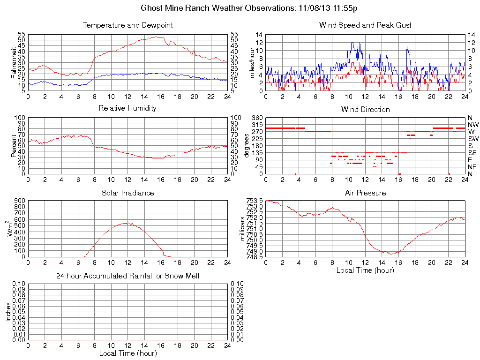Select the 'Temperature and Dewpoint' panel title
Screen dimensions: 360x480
[127, 25]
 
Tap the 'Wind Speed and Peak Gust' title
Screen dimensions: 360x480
[365, 25]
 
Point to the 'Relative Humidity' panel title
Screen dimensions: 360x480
[127, 109]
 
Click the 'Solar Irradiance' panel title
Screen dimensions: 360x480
[127, 193]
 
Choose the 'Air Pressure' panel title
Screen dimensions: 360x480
[365, 193]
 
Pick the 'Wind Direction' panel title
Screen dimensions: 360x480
[365, 110]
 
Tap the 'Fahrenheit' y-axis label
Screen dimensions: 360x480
[14, 63]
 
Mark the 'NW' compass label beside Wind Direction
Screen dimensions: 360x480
[472, 125]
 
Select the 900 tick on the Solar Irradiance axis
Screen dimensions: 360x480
[20, 201]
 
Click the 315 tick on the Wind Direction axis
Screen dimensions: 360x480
[257, 125]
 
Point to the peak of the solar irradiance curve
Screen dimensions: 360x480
[125, 223]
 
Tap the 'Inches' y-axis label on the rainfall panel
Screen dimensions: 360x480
[8, 312]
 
